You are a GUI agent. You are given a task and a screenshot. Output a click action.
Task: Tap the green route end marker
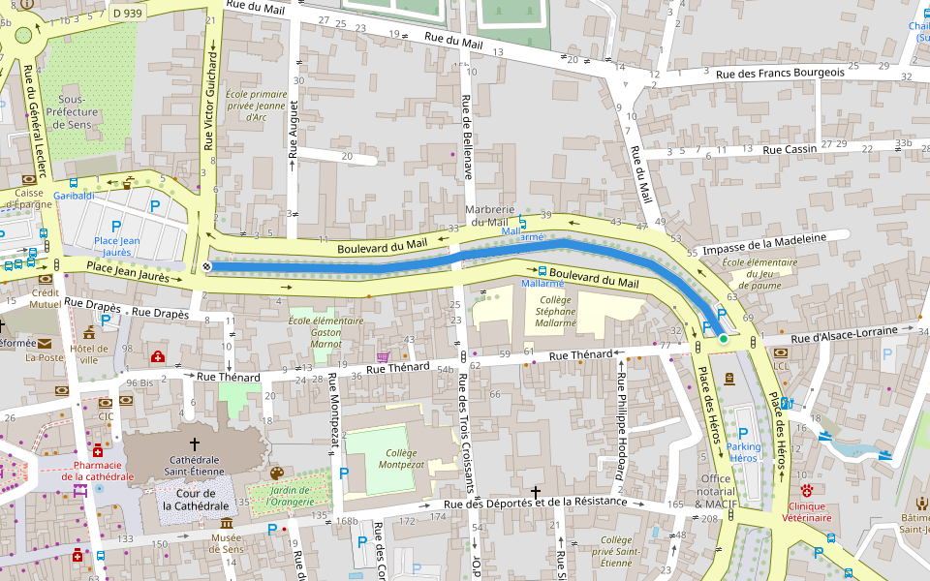723,339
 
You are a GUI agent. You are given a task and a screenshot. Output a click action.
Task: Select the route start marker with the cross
206,266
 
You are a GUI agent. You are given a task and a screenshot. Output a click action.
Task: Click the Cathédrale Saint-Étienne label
196,465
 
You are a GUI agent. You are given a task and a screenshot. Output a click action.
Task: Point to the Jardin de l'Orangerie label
279,495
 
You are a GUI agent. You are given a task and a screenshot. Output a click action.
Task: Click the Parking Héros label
743,451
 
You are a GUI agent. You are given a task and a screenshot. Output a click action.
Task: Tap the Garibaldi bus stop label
74,196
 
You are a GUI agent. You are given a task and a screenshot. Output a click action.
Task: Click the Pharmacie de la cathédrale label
97,470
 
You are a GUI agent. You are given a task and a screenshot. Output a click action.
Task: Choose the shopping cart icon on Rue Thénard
383,356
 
